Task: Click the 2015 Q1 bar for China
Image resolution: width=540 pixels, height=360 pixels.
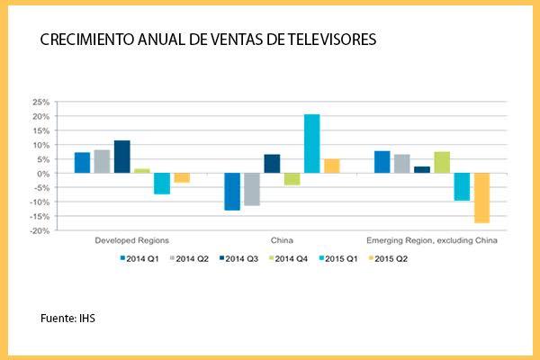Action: click(311, 144)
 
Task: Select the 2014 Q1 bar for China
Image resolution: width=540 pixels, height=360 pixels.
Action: click(232, 192)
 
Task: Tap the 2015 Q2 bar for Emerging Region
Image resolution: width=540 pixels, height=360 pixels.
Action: click(481, 198)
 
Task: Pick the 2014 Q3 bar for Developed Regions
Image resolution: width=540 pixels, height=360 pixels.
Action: click(122, 157)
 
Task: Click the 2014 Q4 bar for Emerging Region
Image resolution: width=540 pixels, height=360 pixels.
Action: click(442, 163)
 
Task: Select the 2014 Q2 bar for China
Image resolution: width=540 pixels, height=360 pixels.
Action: click(252, 190)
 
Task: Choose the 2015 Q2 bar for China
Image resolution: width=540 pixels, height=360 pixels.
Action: click(331, 166)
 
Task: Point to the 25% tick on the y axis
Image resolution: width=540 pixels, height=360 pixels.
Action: click(40, 103)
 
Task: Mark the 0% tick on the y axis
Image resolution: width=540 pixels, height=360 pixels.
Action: click(43, 174)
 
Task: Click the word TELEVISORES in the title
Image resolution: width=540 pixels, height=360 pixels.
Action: click(327, 40)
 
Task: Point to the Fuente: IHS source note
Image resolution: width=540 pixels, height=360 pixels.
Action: click(68, 319)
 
